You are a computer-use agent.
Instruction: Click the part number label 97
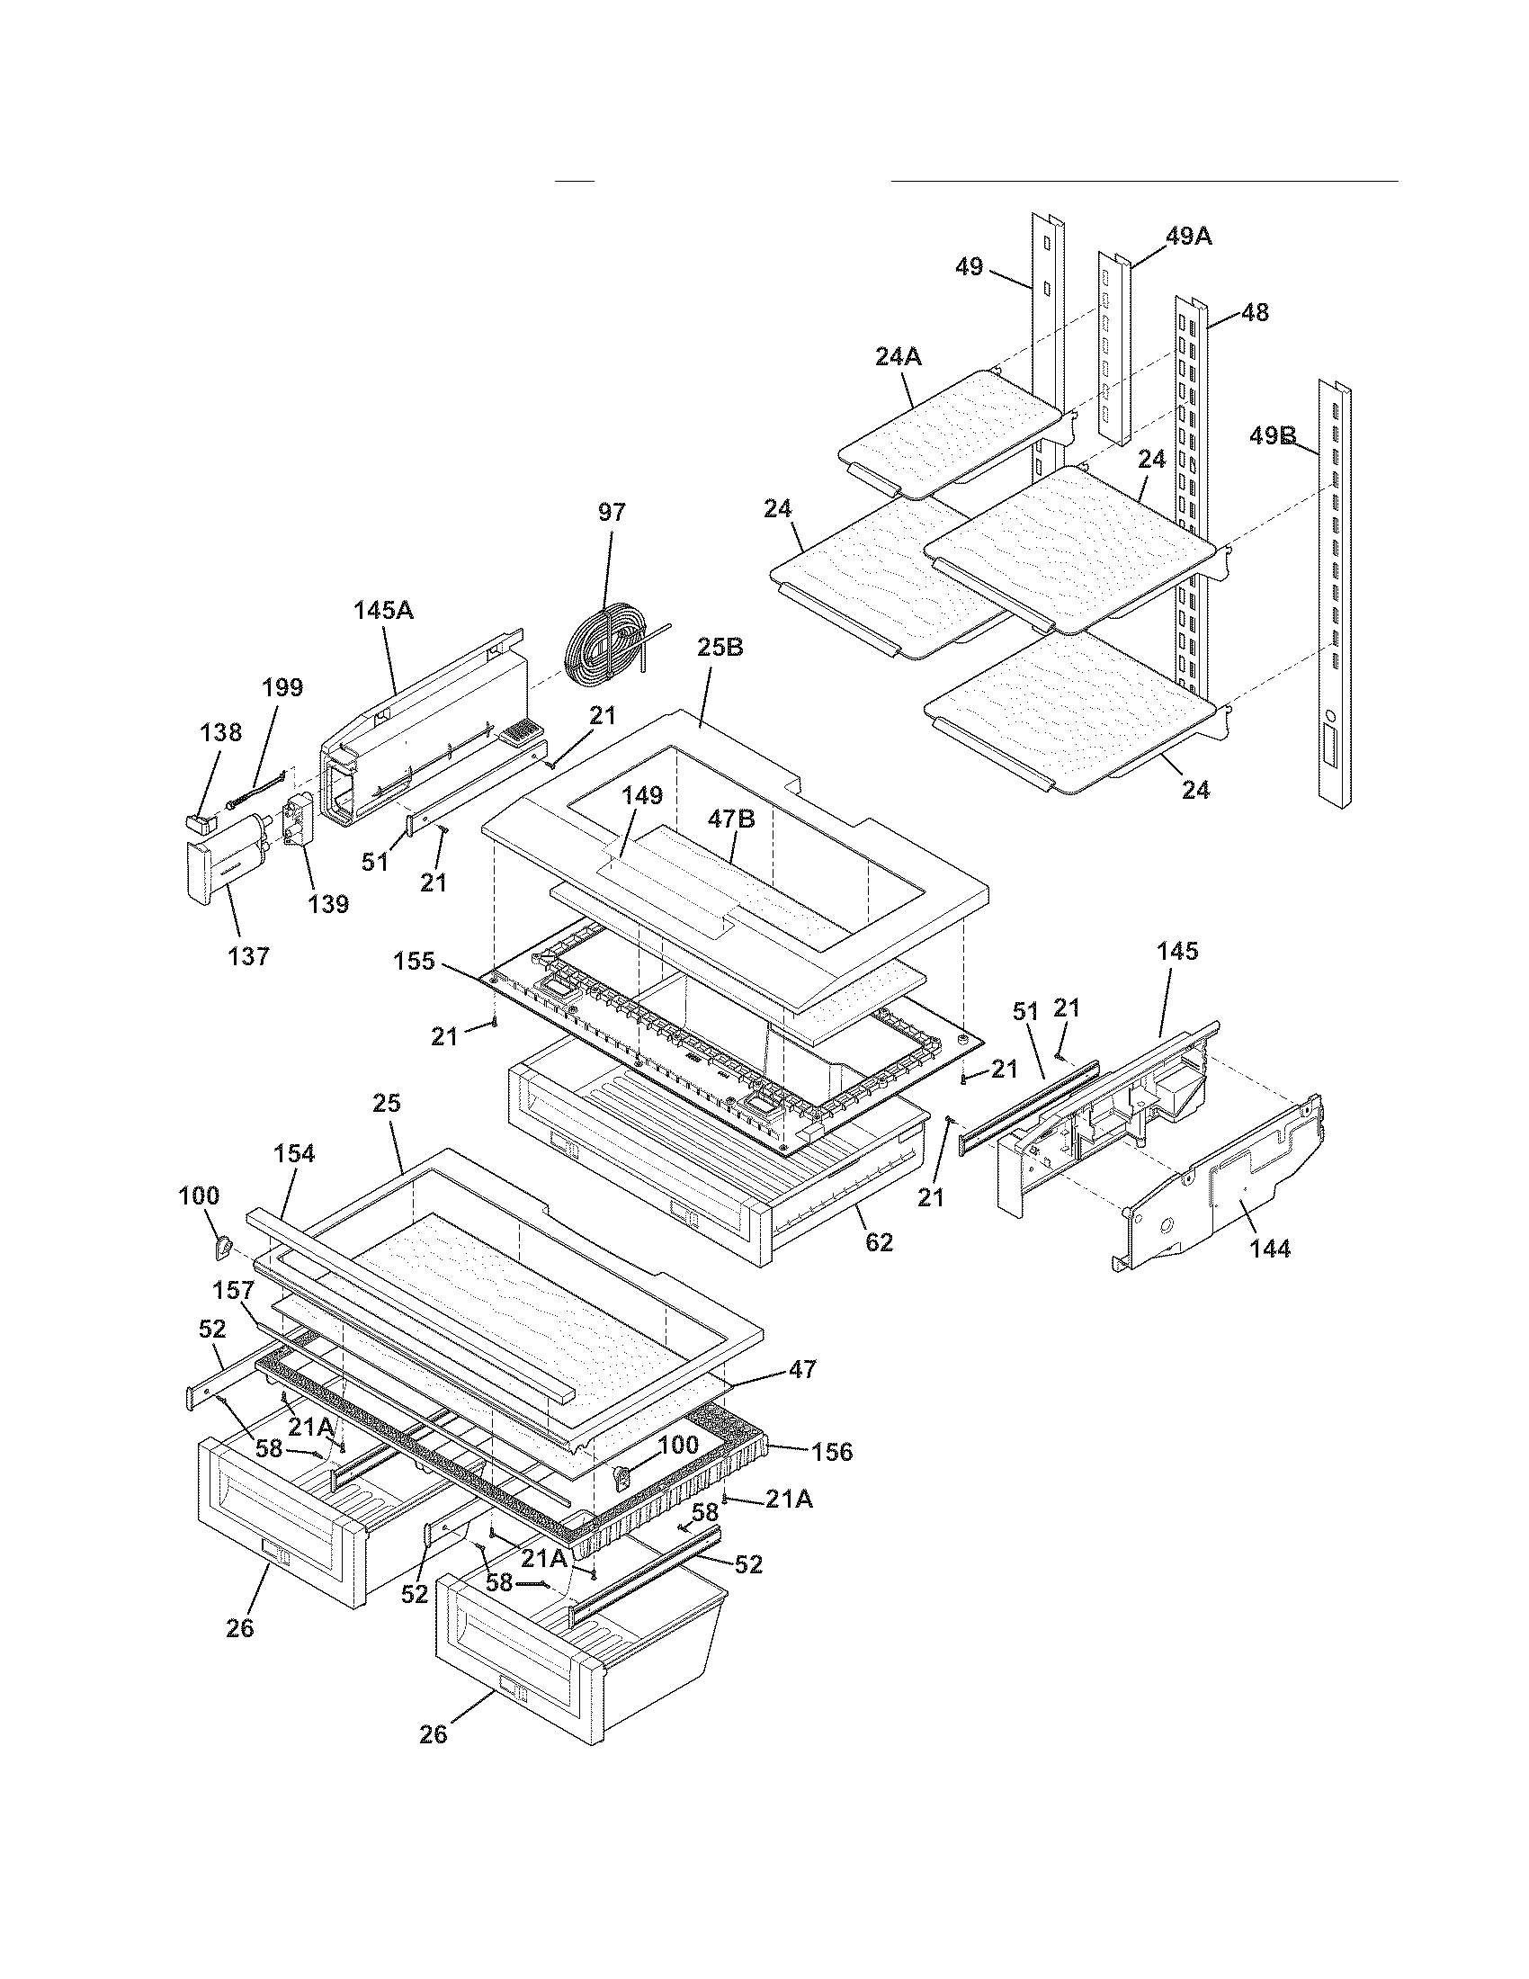(612, 513)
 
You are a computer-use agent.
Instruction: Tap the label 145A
(383, 610)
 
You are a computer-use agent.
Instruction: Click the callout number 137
(249, 955)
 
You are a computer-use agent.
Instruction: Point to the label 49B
(1273, 436)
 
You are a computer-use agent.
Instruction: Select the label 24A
(899, 357)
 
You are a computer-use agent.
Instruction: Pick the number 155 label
(415, 961)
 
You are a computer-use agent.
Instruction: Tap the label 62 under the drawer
(879, 1242)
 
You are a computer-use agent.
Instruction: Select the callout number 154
(294, 1153)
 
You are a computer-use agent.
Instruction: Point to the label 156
(832, 1452)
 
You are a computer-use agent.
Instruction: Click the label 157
(233, 1290)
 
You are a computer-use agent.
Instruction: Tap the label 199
(282, 687)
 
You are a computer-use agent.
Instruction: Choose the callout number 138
(221, 732)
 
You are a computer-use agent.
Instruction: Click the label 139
(328, 903)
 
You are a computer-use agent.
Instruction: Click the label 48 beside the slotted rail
(1255, 313)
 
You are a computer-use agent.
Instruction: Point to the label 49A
(1188, 237)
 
